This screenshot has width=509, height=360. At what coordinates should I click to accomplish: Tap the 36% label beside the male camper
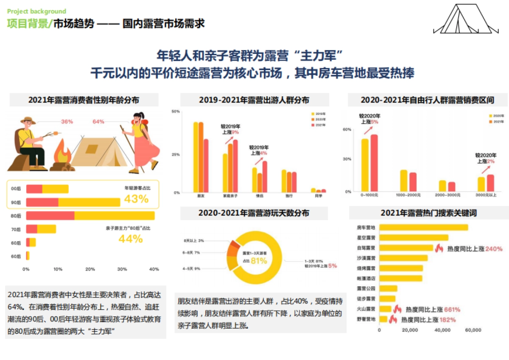(x=67, y=122)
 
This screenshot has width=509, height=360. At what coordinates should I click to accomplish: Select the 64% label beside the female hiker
(x=98, y=122)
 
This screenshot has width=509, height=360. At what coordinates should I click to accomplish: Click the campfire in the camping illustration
(x=62, y=154)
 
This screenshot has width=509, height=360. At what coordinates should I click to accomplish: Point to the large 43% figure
(x=136, y=199)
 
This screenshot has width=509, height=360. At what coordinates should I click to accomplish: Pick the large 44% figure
(x=131, y=239)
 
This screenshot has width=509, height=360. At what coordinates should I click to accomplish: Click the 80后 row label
(x=16, y=216)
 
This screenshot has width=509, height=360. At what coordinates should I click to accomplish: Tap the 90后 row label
(x=16, y=202)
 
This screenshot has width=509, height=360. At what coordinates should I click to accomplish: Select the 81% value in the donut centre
(x=259, y=261)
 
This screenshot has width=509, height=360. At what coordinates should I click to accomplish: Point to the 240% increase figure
(x=494, y=248)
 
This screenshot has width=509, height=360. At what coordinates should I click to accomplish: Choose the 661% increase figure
(x=452, y=310)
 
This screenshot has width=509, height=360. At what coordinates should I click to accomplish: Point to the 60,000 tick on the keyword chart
(x=473, y=330)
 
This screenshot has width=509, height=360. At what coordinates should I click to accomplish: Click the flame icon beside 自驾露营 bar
(x=438, y=248)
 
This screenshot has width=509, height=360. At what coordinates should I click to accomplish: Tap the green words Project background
(x=37, y=11)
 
